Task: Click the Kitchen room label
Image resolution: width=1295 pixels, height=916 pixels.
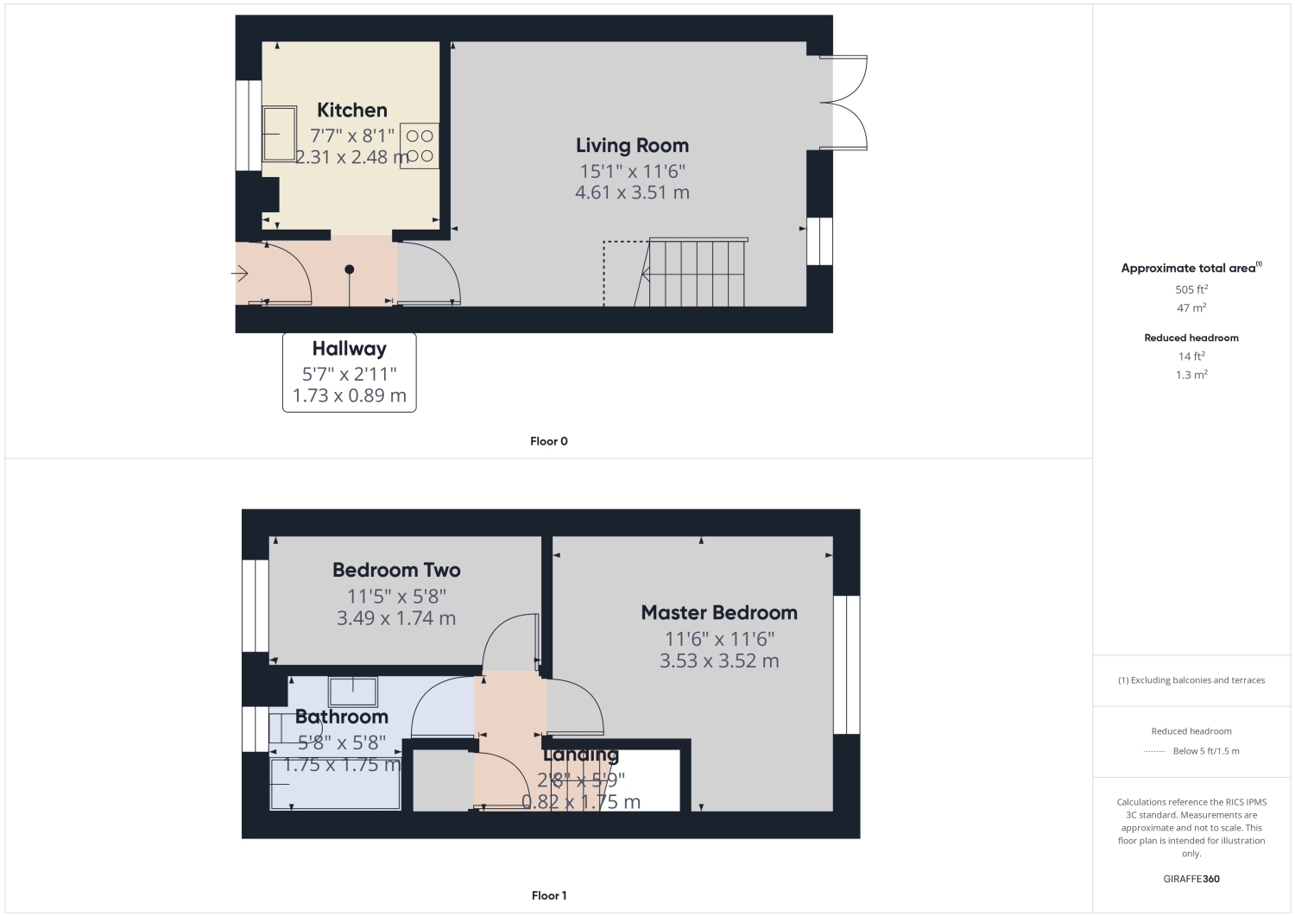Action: pos(351,111)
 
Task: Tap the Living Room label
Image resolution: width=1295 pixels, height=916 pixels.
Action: pos(632,146)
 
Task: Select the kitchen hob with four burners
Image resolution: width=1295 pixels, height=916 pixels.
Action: pos(420,146)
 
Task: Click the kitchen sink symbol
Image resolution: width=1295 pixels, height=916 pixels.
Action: pos(279,134)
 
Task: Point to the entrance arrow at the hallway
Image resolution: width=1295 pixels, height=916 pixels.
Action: pos(240,275)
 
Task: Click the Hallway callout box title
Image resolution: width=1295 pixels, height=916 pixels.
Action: pos(349,349)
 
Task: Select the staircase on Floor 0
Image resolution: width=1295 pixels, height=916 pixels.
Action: pos(695,273)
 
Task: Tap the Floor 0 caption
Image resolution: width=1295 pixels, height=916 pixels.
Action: pos(549,441)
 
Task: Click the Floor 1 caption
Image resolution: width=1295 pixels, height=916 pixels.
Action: pos(549,895)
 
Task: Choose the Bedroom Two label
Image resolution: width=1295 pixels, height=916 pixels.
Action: pos(396,571)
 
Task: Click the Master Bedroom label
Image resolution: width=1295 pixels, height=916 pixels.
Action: pos(719,613)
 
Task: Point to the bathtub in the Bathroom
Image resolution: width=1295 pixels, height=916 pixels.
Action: pos(336,784)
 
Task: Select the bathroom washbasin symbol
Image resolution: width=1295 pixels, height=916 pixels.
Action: pos(352,692)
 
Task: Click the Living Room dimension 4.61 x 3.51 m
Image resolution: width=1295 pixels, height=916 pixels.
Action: pos(632,193)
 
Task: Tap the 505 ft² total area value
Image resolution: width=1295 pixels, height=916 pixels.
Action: pos(1191,289)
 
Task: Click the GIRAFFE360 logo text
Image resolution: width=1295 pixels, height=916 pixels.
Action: pos(1191,879)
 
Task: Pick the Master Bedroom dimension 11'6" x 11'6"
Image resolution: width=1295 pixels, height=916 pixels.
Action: pos(719,639)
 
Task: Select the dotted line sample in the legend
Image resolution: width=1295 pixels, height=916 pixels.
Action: pos(1154,751)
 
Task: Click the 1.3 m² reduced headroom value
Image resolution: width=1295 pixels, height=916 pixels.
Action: pos(1191,375)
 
